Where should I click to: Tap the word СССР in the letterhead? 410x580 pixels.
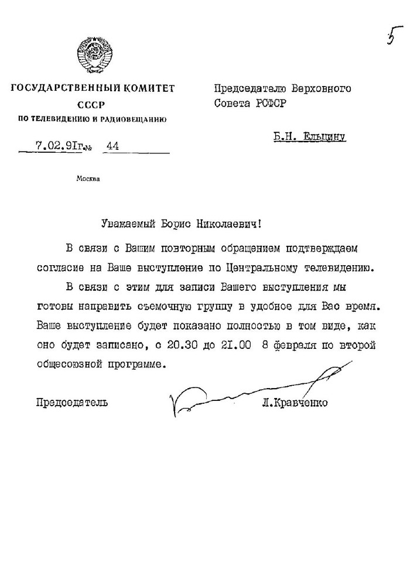[88, 105]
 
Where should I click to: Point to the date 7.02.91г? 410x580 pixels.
[56, 146]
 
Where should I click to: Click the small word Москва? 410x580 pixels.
[88, 179]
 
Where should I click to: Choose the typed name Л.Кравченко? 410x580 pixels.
[295, 403]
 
